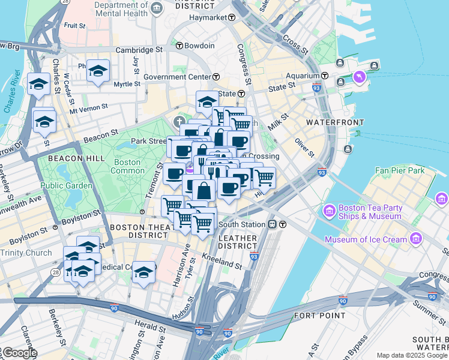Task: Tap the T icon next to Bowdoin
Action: [179, 46]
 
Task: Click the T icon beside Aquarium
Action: [324, 76]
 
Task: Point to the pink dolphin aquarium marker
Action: [359, 77]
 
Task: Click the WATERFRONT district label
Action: [334, 122]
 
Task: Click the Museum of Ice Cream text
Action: [366, 240]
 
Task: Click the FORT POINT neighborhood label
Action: [319, 315]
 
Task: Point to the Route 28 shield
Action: [56, 272]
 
